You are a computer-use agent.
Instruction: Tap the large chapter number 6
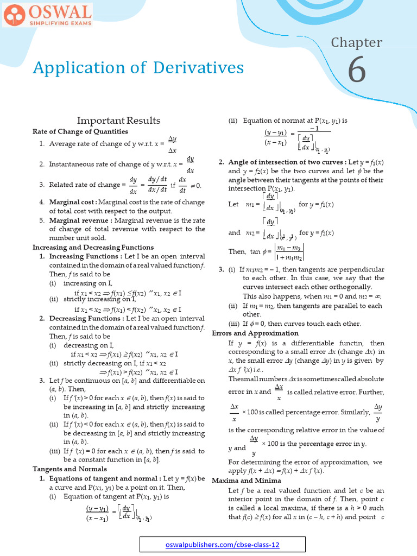[357, 72]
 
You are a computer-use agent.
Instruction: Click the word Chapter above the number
[357, 42]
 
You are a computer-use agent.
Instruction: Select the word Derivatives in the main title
[198, 67]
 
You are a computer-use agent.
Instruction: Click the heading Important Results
[118, 121]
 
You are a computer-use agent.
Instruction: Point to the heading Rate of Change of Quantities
[80, 131]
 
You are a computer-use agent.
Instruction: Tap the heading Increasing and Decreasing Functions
[93, 247]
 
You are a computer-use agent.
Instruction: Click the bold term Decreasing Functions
[85, 318]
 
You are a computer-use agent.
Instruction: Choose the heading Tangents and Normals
[69, 469]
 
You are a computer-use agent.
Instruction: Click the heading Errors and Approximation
[255, 333]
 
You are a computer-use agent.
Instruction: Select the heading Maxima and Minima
[246, 481]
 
